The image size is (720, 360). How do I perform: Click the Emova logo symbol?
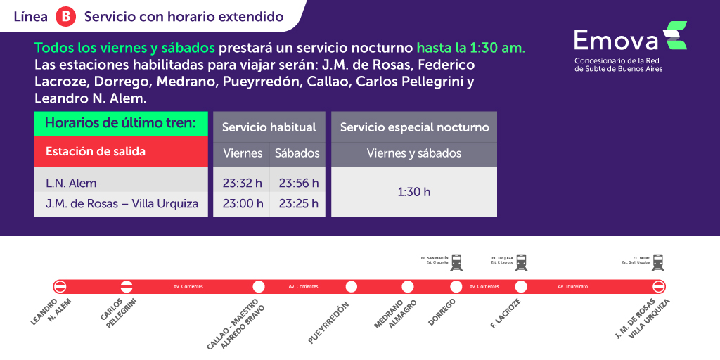676,35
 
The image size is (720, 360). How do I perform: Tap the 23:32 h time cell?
243,184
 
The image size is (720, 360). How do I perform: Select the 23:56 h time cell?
298,184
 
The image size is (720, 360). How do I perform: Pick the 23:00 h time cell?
243,204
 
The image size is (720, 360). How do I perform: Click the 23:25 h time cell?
298,204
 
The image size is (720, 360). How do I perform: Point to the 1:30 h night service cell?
414,191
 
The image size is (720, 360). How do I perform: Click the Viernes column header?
243,153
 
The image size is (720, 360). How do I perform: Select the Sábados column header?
297,153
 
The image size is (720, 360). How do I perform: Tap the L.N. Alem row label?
71,184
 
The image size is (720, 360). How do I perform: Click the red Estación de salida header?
121,151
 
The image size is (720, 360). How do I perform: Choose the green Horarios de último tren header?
121,124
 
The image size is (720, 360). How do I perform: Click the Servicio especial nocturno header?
414,127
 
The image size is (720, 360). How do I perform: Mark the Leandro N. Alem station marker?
60,286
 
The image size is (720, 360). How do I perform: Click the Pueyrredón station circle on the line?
352,286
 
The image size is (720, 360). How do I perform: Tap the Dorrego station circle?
456,286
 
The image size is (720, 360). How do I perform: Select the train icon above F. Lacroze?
521,263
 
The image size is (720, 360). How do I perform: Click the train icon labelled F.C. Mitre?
658,263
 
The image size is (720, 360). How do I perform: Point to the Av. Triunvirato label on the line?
572,287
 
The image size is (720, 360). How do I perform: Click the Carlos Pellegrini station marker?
127,286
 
